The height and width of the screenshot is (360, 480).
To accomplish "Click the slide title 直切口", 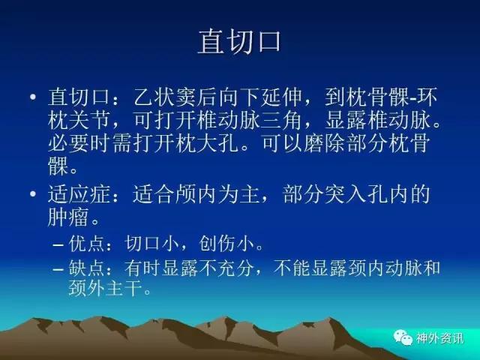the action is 239,42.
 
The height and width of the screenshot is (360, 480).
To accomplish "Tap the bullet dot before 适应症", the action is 33,193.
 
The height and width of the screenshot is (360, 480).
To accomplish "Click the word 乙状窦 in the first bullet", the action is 165,97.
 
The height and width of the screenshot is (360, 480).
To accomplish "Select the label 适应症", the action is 79,194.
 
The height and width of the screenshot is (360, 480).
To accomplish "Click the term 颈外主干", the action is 106,288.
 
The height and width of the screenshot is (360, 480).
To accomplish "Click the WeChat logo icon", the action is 403,337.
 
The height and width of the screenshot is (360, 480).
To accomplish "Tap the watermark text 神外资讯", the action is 439,338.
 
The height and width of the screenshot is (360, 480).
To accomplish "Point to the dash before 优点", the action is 58,245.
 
